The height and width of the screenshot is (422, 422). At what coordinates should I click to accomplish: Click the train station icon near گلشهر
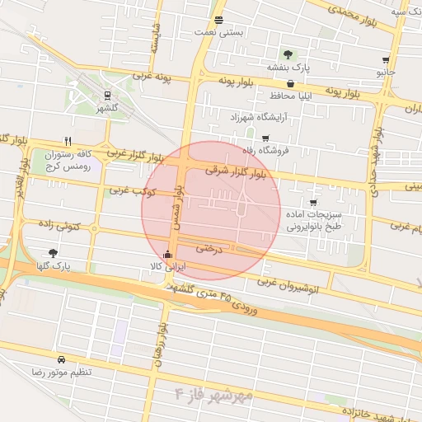pyautogui.click(x=106, y=96)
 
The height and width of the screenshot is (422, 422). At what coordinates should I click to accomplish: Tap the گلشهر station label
pyautogui.click(x=106, y=108)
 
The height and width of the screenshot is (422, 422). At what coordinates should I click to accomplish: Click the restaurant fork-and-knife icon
pyautogui.click(x=68, y=141)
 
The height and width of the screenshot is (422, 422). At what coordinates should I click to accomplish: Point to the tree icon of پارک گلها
pyautogui.click(x=54, y=254)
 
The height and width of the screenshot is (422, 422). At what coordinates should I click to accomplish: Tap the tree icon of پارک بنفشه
pyautogui.click(x=287, y=54)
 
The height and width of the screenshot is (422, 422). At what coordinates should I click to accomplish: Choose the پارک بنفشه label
pyautogui.click(x=288, y=68)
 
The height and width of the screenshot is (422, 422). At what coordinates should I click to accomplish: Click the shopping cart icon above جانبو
pyautogui.click(x=386, y=60)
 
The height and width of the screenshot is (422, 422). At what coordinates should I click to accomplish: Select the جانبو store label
pyautogui.click(x=386, y=73)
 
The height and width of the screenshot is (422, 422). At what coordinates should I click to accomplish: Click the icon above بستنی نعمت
pyautogui.click(x=218, y=20)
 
